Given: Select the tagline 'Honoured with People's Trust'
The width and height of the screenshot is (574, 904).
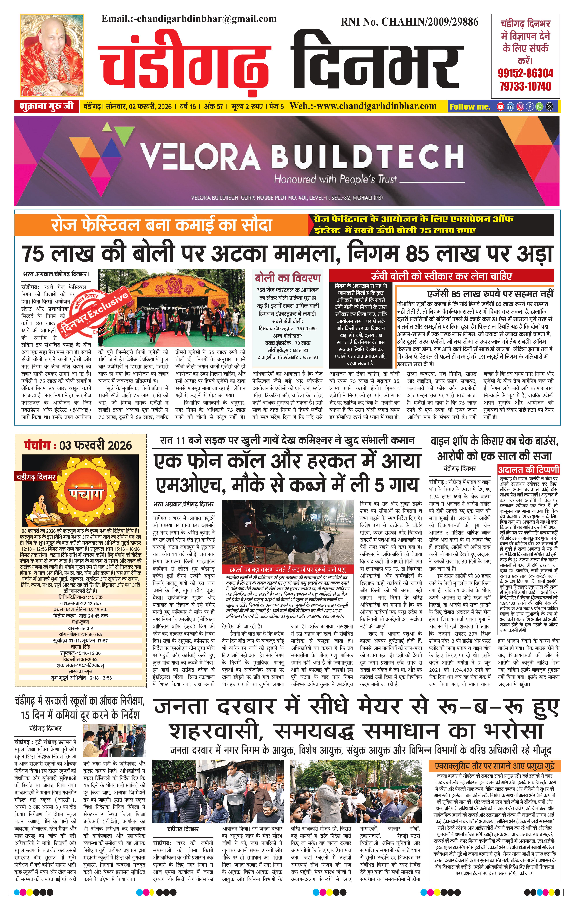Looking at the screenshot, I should pos(335,179).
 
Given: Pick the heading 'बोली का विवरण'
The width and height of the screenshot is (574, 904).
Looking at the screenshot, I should pos(288,278).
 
